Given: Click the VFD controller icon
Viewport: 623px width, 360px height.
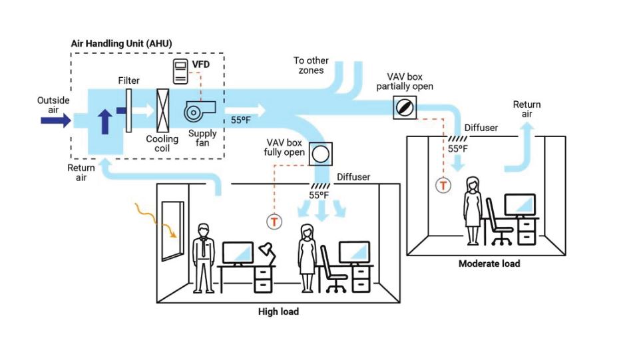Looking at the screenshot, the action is click(180, 71).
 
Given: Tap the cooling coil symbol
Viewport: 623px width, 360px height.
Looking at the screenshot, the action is click(162, 110).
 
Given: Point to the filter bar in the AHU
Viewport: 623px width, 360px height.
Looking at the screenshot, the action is click(128, 110).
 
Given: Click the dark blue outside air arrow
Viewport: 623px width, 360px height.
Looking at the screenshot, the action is click(56, 120).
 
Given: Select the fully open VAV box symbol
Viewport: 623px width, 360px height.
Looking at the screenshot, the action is click(321, 154).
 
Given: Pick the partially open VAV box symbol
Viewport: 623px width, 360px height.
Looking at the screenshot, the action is click(405, 107).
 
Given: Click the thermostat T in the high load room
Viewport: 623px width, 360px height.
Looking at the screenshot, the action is click(274, 222).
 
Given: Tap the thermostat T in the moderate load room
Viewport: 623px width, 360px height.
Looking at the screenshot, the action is click(443, 185).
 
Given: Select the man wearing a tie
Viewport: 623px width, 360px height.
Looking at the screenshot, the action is click(204, 258).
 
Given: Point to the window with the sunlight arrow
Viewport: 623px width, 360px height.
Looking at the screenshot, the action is click(173, 231).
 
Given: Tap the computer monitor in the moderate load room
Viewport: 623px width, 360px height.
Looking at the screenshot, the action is click(520, 206).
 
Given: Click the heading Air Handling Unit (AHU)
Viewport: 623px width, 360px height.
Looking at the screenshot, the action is click(122, 43).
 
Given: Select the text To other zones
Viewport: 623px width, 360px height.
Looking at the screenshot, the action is click(311, 66).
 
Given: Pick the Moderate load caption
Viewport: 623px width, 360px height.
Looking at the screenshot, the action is click(489, 264).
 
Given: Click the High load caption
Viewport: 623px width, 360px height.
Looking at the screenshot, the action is click(278, 311).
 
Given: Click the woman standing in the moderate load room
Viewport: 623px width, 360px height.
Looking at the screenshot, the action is click(473, 211).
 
